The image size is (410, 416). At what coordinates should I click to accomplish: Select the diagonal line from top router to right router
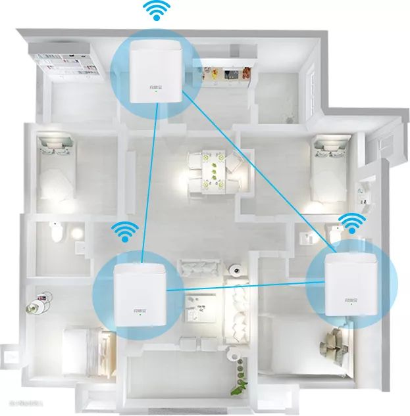click(257, 171)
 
